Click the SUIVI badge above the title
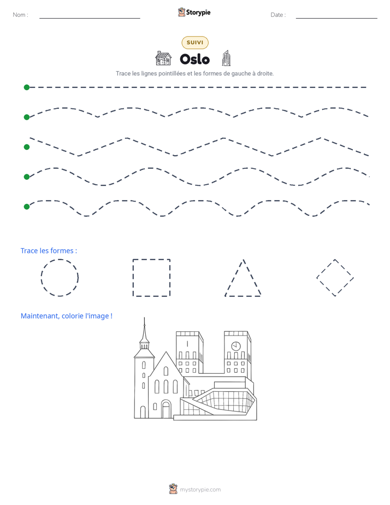coord(195,43)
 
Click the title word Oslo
coord(194,59)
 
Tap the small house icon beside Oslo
coord(163,58)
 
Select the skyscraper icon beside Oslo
coord(226,58)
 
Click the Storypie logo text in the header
coord(198,13)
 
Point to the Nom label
coord(21,15)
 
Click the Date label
coord(278,15)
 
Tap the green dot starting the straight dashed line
coord(27,87)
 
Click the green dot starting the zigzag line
coord(27,147)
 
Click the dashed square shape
coord(133,278)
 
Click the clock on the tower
coord(236,346)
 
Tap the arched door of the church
coord(166,409)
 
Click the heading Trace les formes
coord(49,250)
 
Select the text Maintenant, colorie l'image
coord(67,316)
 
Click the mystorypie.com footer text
coord(200,490)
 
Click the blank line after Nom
coord(90,18)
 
